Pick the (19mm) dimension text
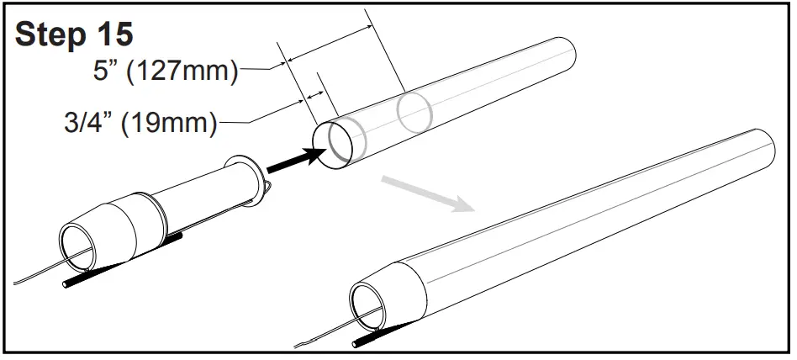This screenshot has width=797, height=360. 170,123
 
